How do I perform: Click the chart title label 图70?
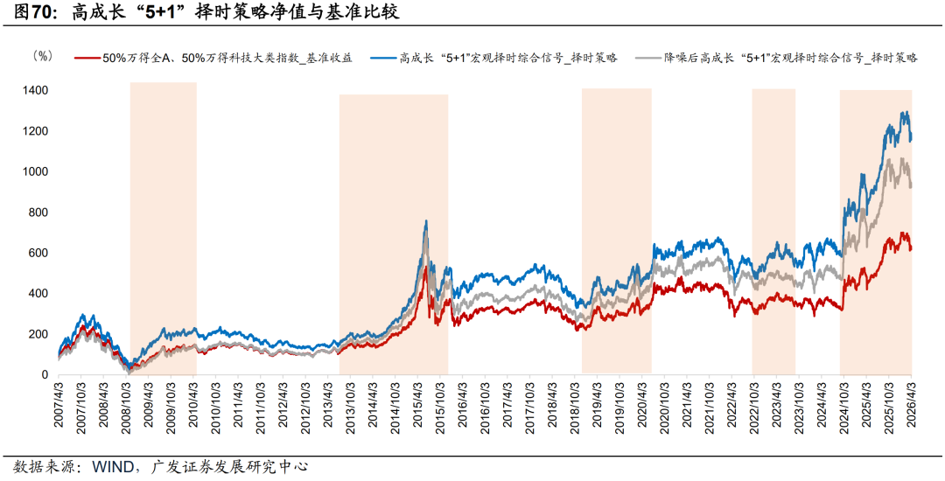[x=28, y=11]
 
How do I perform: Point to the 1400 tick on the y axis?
[x=36, y=91]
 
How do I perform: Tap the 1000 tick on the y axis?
[x=36, y=172]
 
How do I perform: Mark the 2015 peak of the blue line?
[x=426, y=221]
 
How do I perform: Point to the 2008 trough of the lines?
[x=129, y=367]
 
